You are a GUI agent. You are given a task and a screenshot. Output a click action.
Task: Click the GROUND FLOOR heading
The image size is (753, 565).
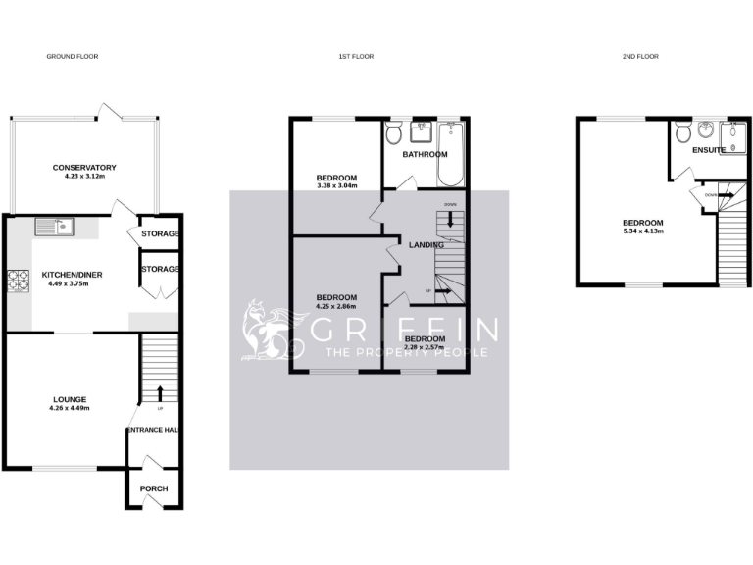(73, 57)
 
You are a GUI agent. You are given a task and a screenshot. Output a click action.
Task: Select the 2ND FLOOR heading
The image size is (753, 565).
(639, 57)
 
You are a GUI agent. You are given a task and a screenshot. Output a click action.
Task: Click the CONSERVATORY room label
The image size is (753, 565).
(84, 168)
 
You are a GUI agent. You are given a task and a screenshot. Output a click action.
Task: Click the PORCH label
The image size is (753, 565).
(154, 488)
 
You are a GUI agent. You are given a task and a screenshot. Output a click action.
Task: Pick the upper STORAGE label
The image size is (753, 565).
(160, 233)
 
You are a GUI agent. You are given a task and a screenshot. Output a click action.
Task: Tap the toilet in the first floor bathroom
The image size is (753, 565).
(394, 133)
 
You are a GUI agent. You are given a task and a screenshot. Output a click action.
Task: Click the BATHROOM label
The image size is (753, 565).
(425, 154)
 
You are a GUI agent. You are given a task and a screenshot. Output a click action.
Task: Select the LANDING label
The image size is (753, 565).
(427, 245)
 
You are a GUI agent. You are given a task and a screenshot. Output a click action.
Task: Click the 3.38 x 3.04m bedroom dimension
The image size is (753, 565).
(336, 185)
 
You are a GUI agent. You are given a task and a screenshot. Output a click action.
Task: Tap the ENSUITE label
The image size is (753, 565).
(708, 150)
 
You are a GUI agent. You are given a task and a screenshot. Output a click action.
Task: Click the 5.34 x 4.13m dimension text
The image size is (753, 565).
(643, 231)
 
